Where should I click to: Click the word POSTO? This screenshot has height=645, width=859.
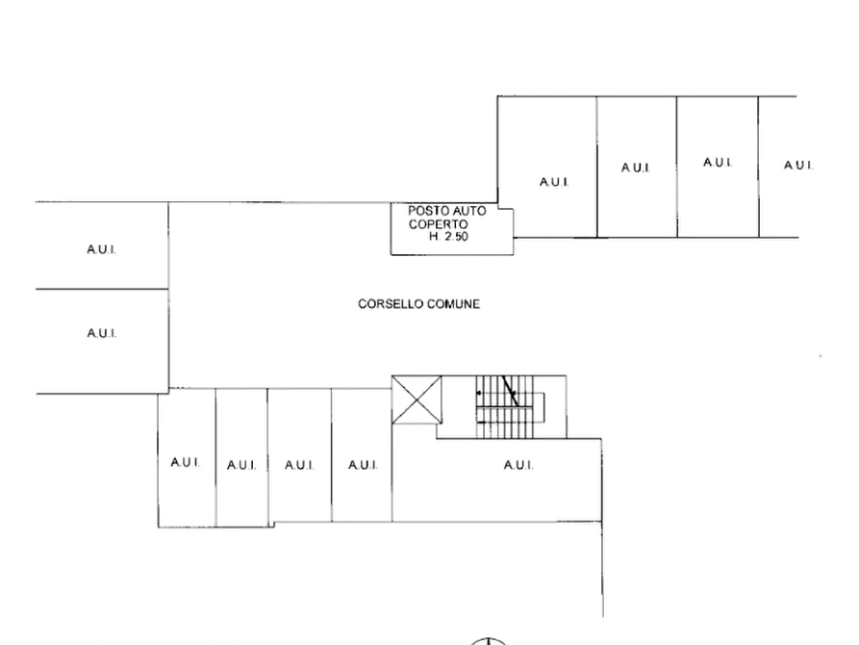425,211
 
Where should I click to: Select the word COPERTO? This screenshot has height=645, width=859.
439,224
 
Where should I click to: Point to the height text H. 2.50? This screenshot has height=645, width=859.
448,237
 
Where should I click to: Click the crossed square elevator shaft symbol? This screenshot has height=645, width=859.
417,400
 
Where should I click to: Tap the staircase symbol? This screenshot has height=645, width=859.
510,407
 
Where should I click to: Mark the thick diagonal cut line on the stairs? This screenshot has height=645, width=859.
510,391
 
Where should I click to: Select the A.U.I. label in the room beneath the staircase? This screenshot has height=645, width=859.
518,466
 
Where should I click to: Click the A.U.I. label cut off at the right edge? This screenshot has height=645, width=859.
798,165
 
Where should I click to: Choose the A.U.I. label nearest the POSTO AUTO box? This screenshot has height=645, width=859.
554,182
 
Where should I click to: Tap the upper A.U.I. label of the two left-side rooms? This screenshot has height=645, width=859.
101,249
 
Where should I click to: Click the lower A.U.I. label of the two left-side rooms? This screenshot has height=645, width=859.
101,333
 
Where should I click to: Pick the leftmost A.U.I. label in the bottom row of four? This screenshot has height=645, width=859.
185,462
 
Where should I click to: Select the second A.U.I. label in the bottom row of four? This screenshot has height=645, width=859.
241,466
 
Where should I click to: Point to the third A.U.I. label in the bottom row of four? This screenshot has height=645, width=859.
299,466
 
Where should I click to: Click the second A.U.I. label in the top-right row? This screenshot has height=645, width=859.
636,168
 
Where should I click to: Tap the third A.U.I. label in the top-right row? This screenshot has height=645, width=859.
718,163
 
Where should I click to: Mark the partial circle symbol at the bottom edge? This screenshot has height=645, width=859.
488,639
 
